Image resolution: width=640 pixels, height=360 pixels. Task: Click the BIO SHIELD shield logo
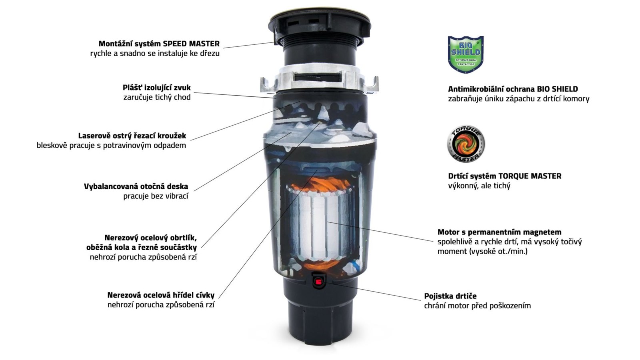click(466, 54)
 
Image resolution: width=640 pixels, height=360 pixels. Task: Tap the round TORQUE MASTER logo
click(466, 144)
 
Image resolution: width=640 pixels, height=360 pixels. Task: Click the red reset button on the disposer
click(318, 282)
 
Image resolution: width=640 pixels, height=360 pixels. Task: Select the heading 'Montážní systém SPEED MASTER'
click(159, 44)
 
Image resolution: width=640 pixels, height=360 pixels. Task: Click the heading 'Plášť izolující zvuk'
click(156, 88)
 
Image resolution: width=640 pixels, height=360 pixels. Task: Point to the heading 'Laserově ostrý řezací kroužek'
click(132, 136)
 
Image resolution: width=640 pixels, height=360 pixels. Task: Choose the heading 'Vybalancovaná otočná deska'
click(136, 186)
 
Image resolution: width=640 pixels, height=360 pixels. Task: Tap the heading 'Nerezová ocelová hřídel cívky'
click(161, 295)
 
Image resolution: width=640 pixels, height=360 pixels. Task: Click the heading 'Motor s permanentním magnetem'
click(500, 232)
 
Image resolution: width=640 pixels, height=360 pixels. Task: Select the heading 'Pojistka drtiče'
click(450, 296)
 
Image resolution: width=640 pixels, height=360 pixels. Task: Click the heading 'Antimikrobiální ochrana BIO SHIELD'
click(513, 89)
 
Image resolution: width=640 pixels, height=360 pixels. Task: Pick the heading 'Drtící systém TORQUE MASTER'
click(504, 176)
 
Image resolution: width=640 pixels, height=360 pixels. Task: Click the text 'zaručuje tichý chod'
click(157, 97)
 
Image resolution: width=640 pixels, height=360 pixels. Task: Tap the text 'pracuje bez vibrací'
click(156, 196)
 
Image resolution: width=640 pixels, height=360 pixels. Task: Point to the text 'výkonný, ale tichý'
click(479, 186)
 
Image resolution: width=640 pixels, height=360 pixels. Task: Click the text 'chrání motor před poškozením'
click(478, 306)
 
